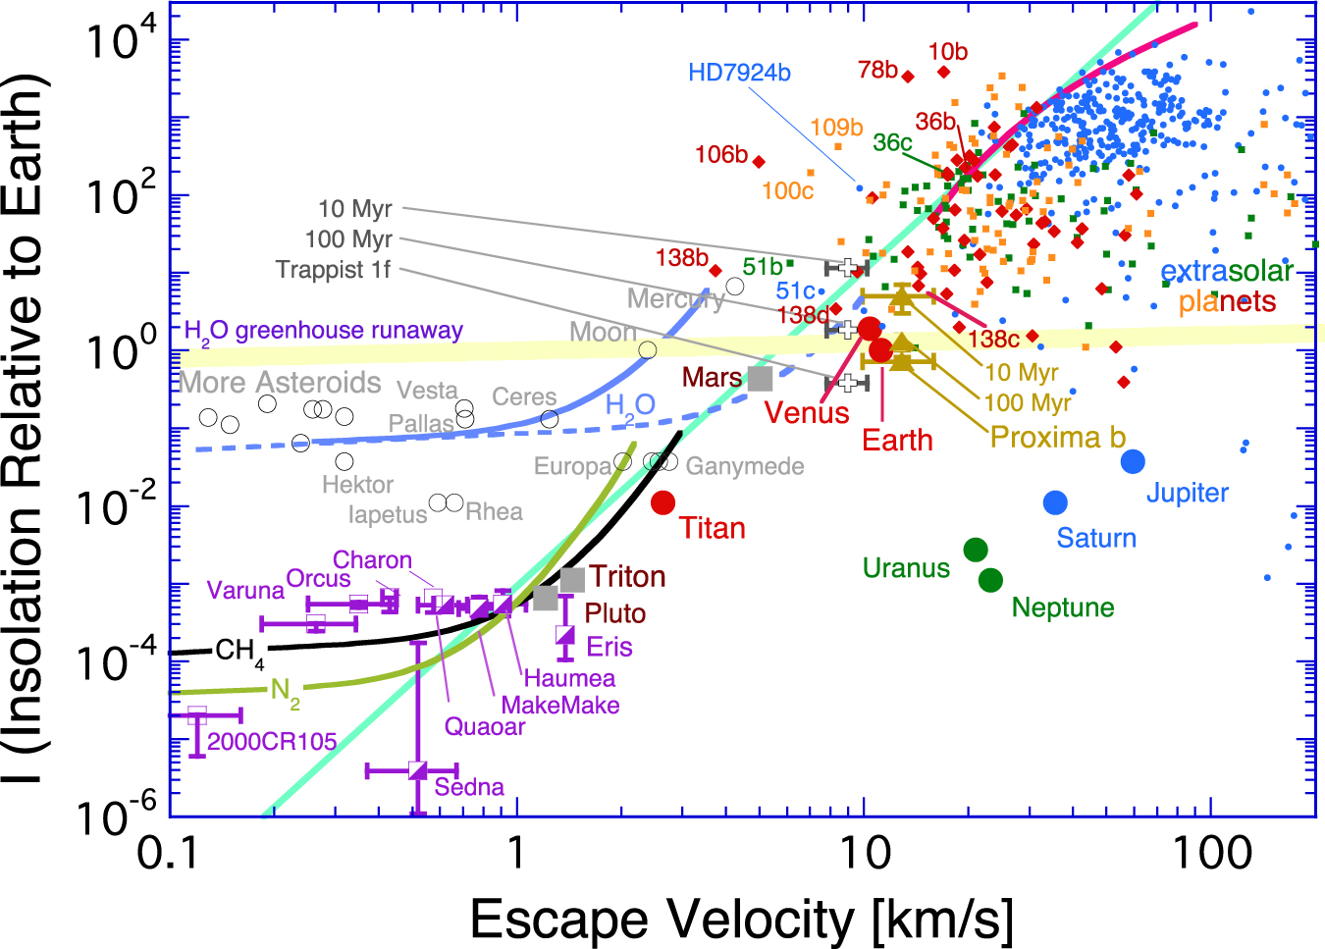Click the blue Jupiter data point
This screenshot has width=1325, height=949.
(x=1133, y=461)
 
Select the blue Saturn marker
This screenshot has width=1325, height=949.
(x=1055, y=502)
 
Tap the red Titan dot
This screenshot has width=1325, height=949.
(x=663, y=502)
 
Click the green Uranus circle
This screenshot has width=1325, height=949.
(x=975, y=550)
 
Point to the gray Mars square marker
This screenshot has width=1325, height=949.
(x=760, y=378)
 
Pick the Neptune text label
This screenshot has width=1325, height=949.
(x=1063, y=607)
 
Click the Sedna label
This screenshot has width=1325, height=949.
(x=469, y=787)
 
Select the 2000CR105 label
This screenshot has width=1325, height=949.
(x=272, y=741)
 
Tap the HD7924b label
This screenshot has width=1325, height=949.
(x=739, y=73)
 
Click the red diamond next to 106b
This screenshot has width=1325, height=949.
(x=758, y=162)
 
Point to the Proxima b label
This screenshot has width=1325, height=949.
(x=1058, y=437)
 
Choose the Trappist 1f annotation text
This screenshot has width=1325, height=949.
(x=334, y=270)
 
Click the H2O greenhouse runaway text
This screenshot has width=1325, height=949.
(x=324, y=331)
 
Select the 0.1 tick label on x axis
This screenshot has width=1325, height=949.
(x=170, y=853)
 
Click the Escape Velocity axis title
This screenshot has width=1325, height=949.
(x=741, y=920)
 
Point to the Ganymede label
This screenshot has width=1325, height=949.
(x=745, y=466)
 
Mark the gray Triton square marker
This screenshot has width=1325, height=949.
(x=573, y=579)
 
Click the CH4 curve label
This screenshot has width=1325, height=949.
(x=238, y=651)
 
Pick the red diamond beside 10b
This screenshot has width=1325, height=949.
(x=944, y=72)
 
